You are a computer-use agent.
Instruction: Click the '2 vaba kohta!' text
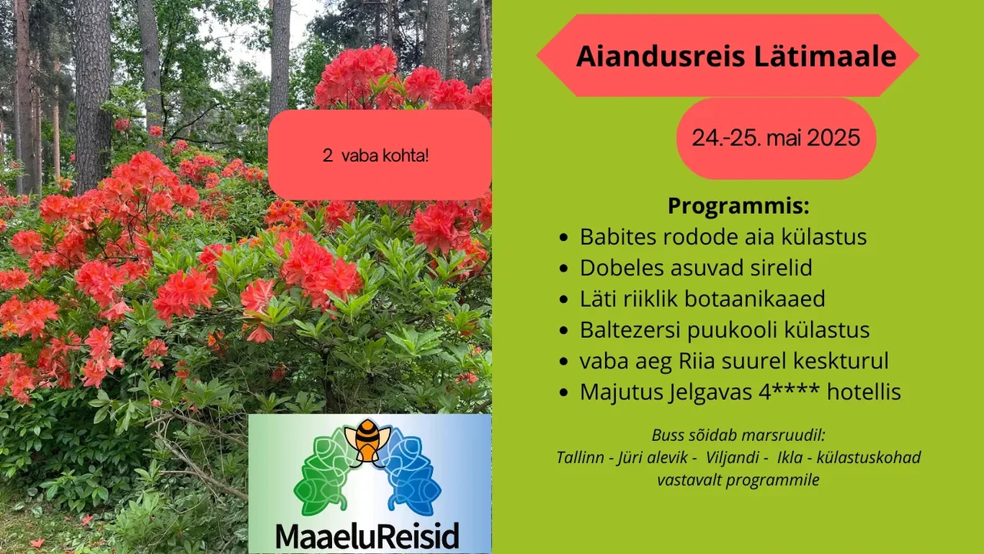pos(376,155)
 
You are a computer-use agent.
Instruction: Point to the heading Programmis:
pos(739,205)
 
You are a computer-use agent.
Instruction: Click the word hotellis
pos(864,392)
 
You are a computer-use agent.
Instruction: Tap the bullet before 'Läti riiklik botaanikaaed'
pos(564,299)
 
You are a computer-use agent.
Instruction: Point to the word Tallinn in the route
pos(580,457)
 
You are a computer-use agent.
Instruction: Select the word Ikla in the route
pos(790,457)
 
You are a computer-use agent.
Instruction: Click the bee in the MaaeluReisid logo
pos(367,441)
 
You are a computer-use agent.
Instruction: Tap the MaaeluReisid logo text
pos(367,535)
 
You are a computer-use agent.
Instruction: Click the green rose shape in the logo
pos(325,475)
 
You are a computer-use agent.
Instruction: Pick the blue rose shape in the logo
pos(410,475)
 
